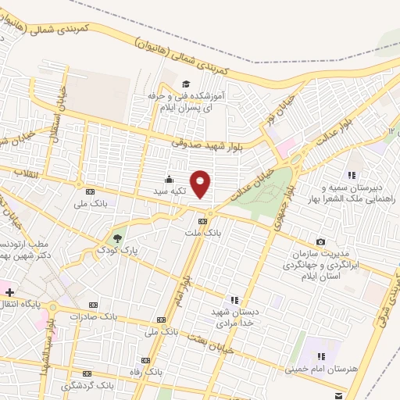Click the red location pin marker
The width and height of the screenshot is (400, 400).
201,183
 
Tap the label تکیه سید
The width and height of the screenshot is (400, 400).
173,189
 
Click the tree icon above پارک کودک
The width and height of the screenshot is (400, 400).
117,237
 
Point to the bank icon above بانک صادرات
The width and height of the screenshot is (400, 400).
94,305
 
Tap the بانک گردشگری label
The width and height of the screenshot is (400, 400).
87,386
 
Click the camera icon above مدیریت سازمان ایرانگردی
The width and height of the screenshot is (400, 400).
320,242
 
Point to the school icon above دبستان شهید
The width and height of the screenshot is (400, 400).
234,298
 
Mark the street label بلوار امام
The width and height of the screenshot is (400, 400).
181,289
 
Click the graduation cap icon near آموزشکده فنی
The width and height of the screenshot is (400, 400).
185,84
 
